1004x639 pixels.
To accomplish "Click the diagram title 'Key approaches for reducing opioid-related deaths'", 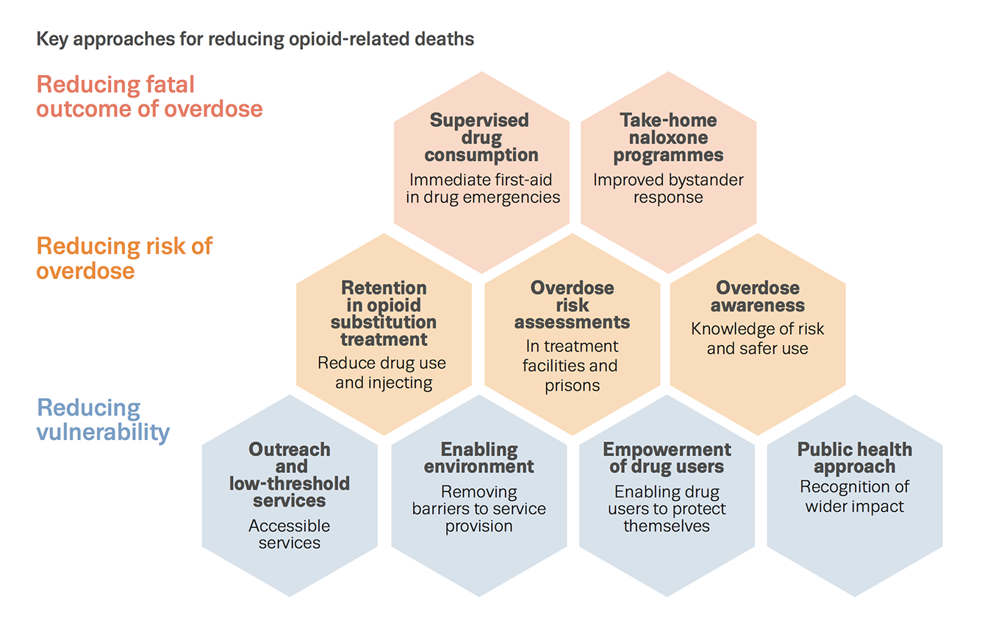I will (x=255, y=39).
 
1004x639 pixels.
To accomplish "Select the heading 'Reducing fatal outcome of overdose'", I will (x=149, y=97).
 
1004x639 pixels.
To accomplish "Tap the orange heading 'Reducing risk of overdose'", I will (x=124, y=258).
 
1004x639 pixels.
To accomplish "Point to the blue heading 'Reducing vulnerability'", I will (x=103, y=419).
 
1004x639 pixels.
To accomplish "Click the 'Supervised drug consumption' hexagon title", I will (x=481, y=137).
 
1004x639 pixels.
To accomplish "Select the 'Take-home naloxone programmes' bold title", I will (x=668, y=137).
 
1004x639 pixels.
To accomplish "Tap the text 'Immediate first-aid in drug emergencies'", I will (x=482, y=189).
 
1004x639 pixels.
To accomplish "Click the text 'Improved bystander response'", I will (x=668, y=189).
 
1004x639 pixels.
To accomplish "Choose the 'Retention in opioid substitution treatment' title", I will (x=383, y=314).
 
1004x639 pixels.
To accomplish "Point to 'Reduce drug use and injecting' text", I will (x=382, y=373).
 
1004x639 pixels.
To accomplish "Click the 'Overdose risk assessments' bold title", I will (x=572, y=305).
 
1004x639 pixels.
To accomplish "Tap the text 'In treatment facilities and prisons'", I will (x=571, y=365).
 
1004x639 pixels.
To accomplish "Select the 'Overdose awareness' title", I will (x=757, y=297).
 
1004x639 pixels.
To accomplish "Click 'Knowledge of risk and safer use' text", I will (x=757, y=339).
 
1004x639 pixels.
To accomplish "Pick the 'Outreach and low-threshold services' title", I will (x=289, y=475).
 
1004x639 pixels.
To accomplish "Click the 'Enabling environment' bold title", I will (x=478, y=458).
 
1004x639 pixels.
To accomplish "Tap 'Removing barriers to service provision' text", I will (x=478, y=509).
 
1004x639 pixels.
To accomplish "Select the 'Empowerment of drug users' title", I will (x=667, y=458).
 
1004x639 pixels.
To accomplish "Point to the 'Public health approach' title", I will (x=854, y=458).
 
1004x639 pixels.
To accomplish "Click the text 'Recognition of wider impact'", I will (x=854, y=497).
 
